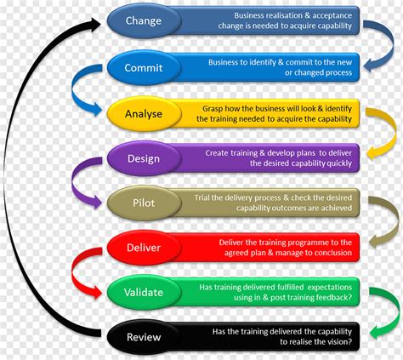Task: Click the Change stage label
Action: pyautogui.click(x=144, y=20)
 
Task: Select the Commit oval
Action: pyautogui.click(x=144, y=67)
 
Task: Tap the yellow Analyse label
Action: pyautogui.click(x=144, y=114)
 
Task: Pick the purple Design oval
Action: pyautogui.click(x=144, y=158)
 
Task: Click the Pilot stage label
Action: pyautogui.click(x=144, y=203)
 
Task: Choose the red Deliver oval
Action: pyautogui.click(x=144, y=248)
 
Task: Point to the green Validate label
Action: pyautogui.click(x=144, y=292)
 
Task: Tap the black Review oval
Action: pyautogui.click(x=144, y=337)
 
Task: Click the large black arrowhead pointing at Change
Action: pyautogui.click(x=95, y=24)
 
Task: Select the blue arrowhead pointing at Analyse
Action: pyautogui.click(x=96, y=109)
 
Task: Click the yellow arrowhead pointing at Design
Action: pyautogui.click(x=372, y=153)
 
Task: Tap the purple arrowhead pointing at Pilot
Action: pyautogui.click(x=96, y=202)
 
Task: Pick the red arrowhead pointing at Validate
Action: pyautogui.click(x=96, y=292)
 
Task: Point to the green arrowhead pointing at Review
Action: pyautogui.click(x=376, y=331)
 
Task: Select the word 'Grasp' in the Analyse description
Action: pyautogui.click(x=213, y=109)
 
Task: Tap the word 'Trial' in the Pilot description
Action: pyautogui.click(x=201, y=197)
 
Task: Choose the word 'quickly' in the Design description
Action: pyautogui.click(x=339, y=163)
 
